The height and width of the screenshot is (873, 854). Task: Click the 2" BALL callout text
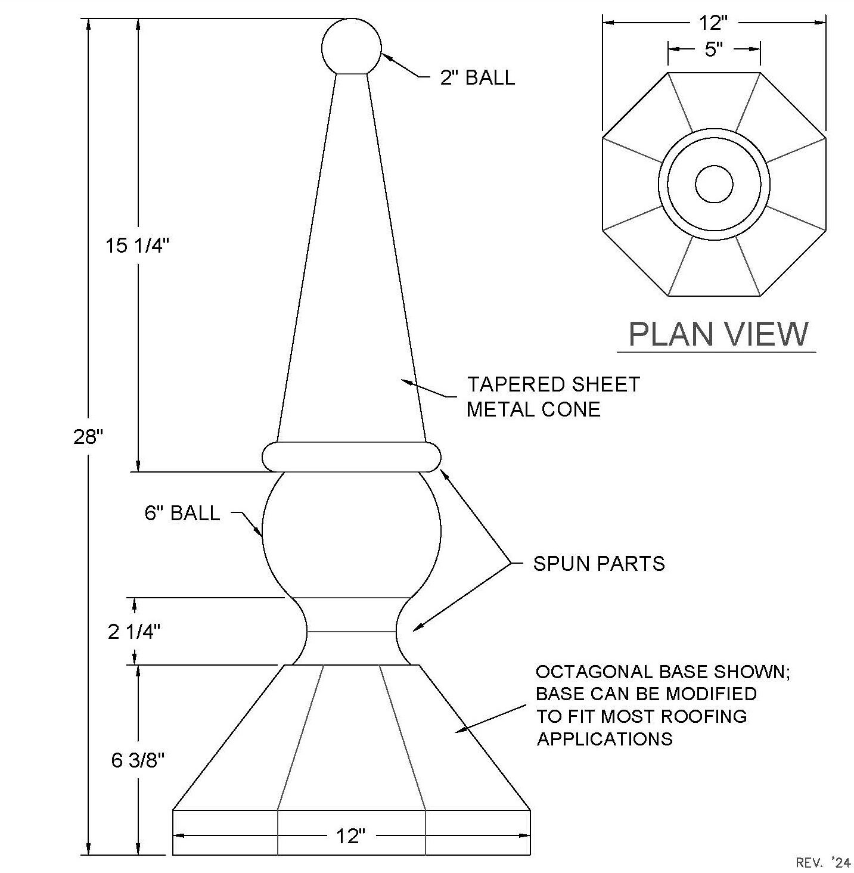pos(477,77)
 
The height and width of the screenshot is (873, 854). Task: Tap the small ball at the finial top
pos(352,46)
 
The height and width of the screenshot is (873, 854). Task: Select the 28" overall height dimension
pos(88,436)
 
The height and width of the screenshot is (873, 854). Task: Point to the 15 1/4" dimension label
pos(137,246)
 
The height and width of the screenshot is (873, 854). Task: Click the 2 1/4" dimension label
pos(134,632)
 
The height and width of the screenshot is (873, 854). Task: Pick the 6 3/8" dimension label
pos(138,760)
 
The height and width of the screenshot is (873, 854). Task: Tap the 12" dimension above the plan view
pos(713,23)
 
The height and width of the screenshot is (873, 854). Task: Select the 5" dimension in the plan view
pos(713,49)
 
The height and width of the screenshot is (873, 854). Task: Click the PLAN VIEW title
pos(718,334)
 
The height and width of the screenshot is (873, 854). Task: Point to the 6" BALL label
pos(182,512)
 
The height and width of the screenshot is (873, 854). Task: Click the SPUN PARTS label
pos(599,564)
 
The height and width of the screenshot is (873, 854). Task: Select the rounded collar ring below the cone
pos(352,456)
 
